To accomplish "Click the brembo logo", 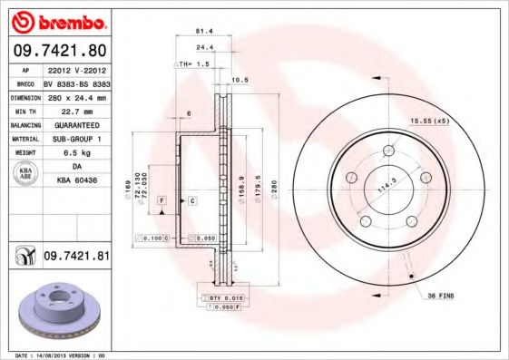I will [59, 20].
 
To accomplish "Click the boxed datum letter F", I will [162, 199].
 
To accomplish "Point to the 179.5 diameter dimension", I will [258, 190].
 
